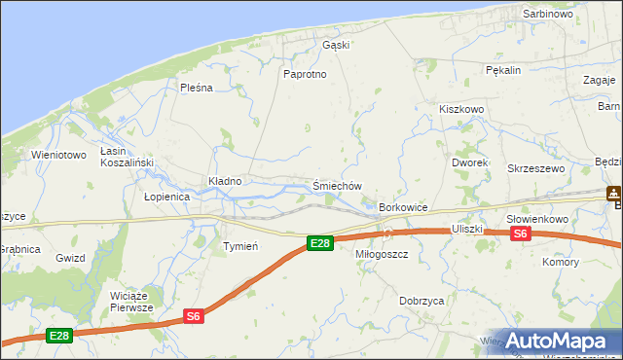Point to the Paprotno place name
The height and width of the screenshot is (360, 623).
(x=303, y=74)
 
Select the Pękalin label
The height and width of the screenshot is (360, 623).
(x=504, y=70)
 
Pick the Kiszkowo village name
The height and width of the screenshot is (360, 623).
(x=461, y=110)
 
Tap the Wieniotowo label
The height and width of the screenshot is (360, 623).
(x=58, y=155)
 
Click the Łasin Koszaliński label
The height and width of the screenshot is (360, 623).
(x=123, y=158)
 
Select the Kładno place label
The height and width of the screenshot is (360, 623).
(x=224, y=181)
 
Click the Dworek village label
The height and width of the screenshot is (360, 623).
(x=470, y=162)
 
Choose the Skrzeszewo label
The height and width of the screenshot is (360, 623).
(x=535, y=168)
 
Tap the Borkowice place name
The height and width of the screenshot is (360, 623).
(x=404, y=208)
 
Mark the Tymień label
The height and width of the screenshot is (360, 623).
(x=239, y=246)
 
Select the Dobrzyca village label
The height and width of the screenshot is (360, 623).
(x=422, y=302)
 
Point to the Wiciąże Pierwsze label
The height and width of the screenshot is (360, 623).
(x=132, y=301)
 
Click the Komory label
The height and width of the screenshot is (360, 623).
(x=561, y=263)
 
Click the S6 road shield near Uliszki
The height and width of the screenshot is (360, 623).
(x=521, y=234)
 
